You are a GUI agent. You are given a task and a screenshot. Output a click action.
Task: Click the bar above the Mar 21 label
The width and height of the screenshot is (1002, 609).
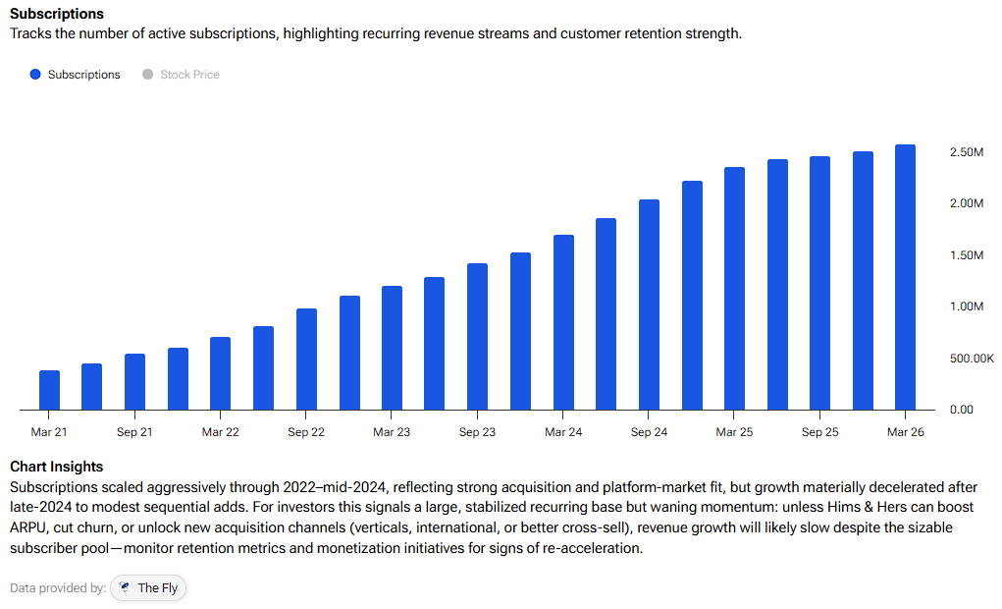point(49,390)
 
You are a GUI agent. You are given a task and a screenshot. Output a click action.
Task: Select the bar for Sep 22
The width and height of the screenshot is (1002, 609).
point(307,360)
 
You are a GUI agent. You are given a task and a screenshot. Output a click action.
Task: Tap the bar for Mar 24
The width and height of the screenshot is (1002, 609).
point(563,322)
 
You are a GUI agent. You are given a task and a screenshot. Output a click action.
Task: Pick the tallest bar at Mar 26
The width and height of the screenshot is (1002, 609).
point(906,277)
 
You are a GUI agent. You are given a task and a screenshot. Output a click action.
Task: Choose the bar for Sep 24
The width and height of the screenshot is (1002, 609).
point(650,304)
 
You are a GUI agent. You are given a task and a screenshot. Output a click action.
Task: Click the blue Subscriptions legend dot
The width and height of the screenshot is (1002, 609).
point(35,75)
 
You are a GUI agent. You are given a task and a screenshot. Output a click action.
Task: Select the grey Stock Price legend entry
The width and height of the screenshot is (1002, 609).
point(182,75)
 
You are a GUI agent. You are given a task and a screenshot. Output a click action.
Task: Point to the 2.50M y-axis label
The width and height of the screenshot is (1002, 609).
point(967,152)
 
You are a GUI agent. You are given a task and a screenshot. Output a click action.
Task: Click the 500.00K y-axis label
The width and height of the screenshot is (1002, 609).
point(972,359)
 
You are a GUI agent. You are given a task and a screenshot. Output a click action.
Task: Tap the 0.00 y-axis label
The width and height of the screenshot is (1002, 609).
point(961,410)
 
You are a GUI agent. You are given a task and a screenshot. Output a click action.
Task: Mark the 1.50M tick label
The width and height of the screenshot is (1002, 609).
point(967,255)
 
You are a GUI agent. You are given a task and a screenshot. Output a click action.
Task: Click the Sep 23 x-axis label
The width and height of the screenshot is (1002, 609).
point(477,432)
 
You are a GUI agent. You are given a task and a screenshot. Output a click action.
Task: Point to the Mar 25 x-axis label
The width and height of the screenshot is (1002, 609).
point(734,432)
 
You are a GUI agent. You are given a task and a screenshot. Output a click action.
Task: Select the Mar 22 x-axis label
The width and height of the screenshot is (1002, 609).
point(221,432)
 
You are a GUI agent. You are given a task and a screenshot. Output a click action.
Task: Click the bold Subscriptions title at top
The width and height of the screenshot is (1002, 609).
point(57,14)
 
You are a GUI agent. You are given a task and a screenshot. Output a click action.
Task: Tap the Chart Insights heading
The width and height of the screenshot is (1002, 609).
point(56,467)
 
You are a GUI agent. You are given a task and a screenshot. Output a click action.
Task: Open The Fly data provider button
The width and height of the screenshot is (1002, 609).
point(148,588)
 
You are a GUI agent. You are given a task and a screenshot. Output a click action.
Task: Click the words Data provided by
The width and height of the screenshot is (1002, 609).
point(58,588)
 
